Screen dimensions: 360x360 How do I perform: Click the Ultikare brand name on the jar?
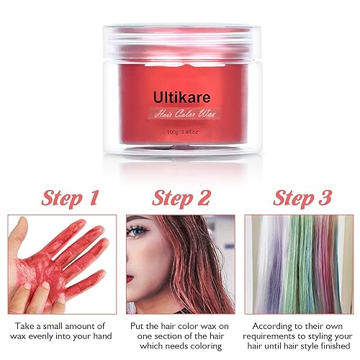(180, 95)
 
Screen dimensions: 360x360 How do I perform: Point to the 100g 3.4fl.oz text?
(180, 132)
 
